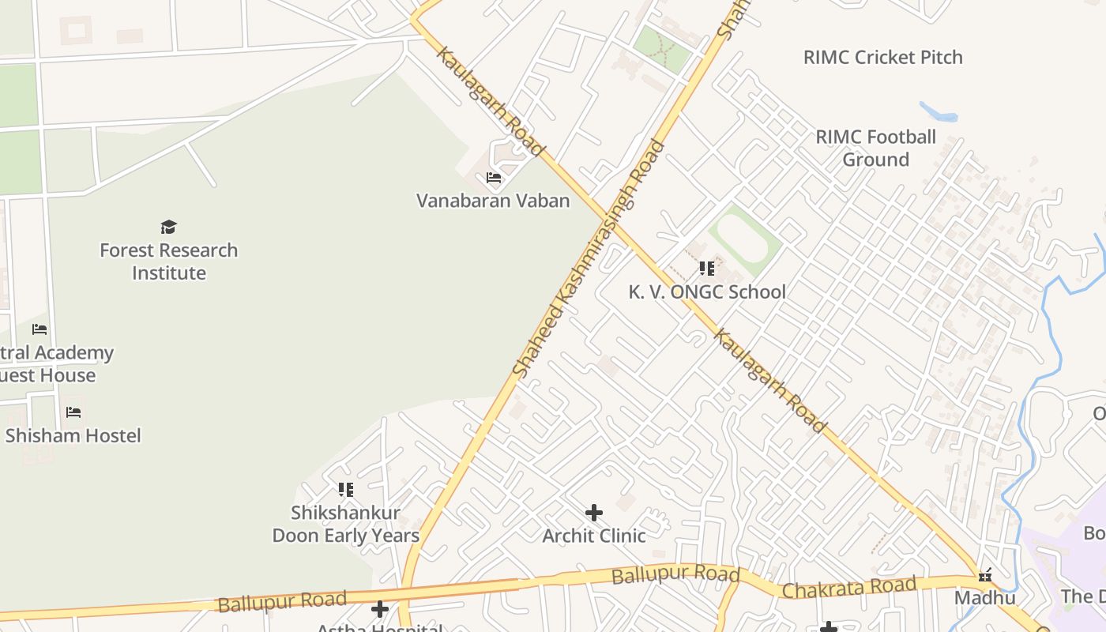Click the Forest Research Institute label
click(x=168, y=261)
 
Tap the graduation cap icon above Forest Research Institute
click(x=168, y=228)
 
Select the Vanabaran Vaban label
click(x=493, y=201)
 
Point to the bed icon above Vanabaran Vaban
click(x=494, y=178)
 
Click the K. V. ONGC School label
click(x=707, y=292)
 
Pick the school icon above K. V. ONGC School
click(x=706, y=269)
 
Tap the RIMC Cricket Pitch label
click(x=882, y=57)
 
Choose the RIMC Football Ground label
click(x=875, y=148)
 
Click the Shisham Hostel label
click(x=73, y=435)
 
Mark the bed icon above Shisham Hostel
click(x=73, y=412)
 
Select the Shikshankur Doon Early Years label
click(x=345, y=524)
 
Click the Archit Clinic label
click(x=593, y=536)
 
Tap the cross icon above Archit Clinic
click(x=594, y=513)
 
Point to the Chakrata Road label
click(x=848, y=588)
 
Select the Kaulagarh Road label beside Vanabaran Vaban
click(x=491, y=101)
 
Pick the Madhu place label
click(x=984, y=597)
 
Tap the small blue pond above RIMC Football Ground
click(x=939, y=112)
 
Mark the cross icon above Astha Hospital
click(x=380, y=609)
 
